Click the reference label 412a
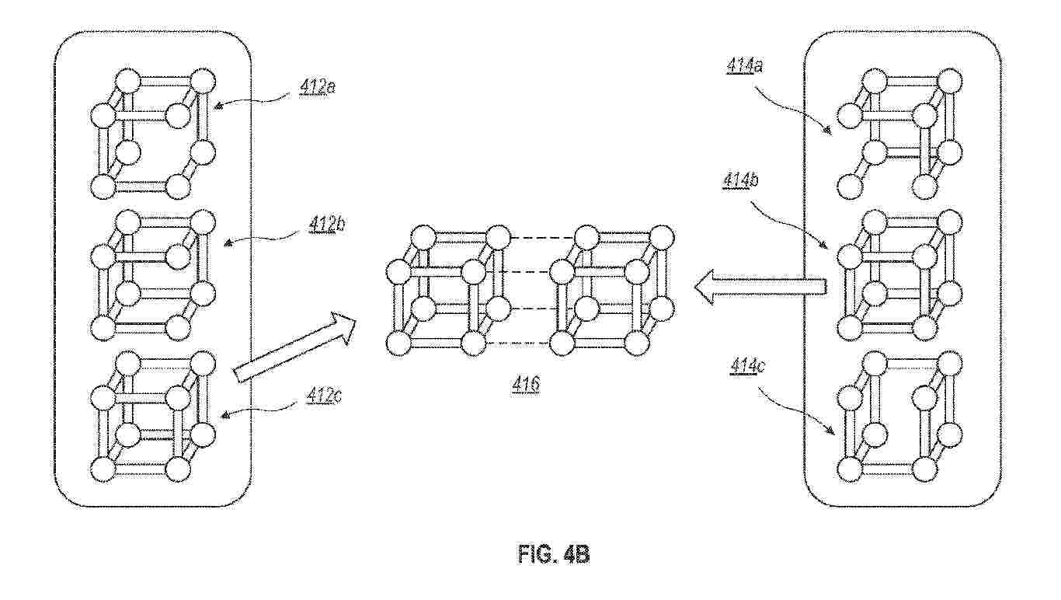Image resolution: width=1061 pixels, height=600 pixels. click(x=317, y=88)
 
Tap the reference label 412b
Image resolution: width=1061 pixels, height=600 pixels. click(x=326, y=225)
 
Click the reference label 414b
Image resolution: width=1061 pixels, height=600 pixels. click(x=741, y=180)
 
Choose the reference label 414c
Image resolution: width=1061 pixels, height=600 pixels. click(x=749, y=365)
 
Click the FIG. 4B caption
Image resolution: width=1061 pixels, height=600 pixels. click(x=554, y=554)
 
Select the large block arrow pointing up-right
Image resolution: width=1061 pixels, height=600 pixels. click(x=294, y=347)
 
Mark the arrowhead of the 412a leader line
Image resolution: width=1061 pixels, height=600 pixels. click(x=217, y=107)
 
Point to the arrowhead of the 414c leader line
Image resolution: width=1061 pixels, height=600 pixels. click(x=830, y=431)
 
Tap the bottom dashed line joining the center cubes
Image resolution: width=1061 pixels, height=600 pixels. click(x=518, y=343)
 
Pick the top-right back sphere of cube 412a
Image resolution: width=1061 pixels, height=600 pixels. click(x=203, y=81)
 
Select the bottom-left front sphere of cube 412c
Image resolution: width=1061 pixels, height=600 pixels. click(x=103, y=469)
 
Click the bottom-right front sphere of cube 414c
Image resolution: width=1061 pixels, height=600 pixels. click(x=925, y=469)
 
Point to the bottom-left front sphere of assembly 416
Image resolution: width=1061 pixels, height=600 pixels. click(x=398, y=343)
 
